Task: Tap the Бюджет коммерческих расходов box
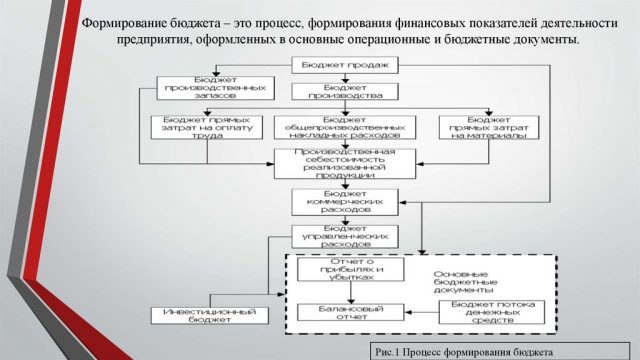tap(332, 200)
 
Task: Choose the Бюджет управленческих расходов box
tap(332, 236)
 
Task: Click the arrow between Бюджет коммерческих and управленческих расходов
tap(332, 218)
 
